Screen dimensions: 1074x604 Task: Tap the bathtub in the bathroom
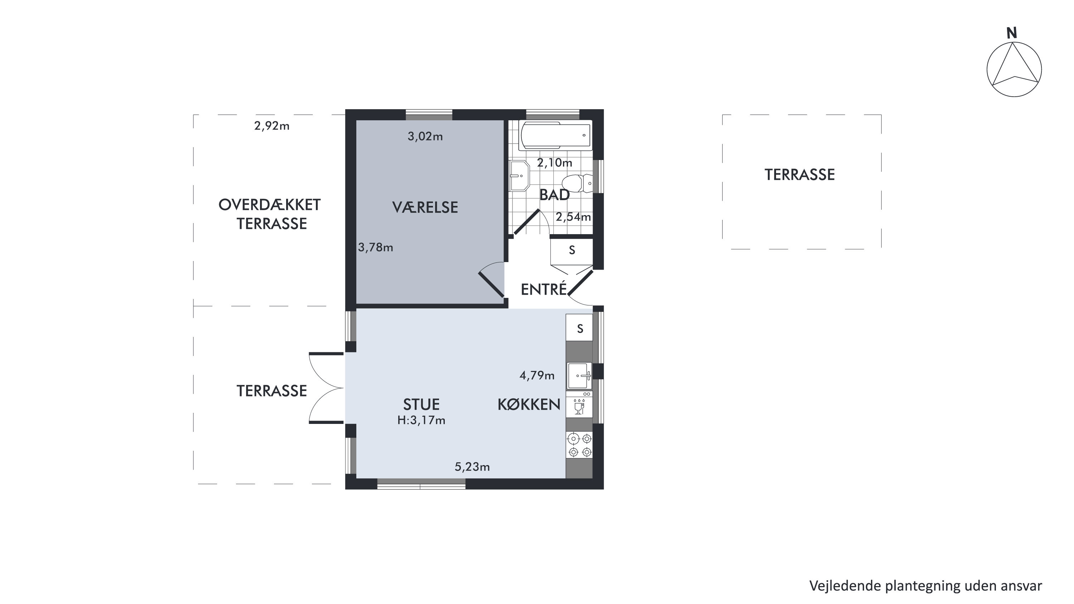(x=555, y=135)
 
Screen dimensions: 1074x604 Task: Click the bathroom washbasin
(x=519, y=175)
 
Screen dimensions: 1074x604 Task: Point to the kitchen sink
(x=579, y=376)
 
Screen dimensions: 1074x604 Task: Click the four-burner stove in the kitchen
(x=579, y=445)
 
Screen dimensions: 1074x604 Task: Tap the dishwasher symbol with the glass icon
(x=579, y=404)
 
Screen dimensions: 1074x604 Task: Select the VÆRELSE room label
(x=425, y=207)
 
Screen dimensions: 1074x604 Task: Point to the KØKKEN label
(x=529, y=404)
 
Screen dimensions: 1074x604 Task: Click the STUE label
(x=421, y=404)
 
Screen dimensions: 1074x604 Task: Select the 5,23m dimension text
(x=472, y=467)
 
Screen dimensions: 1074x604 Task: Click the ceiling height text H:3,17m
(x=421, y=420)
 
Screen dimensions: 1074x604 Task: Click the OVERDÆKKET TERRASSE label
(x=270, y=214)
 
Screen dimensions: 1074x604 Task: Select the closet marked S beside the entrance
(x=572, y=250)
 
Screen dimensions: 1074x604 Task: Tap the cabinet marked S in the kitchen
(x=579, y=328)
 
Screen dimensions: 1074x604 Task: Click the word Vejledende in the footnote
(x=846, y=586)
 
